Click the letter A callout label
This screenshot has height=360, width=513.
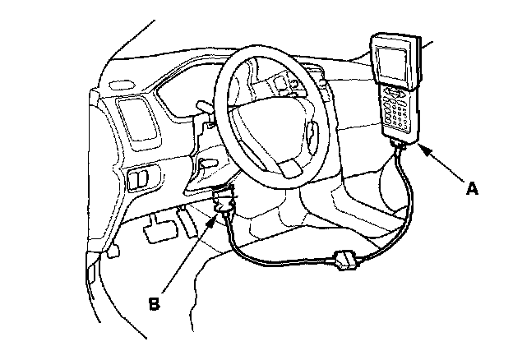pyautogui.click(x=471, y=188)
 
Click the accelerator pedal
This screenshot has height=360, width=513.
pyautogui.click(x=188, y=220)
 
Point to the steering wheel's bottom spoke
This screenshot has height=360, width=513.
pyautogui.click(x=288, y=164)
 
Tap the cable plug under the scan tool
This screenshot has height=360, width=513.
pyautogui.click(x=398, y=147)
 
